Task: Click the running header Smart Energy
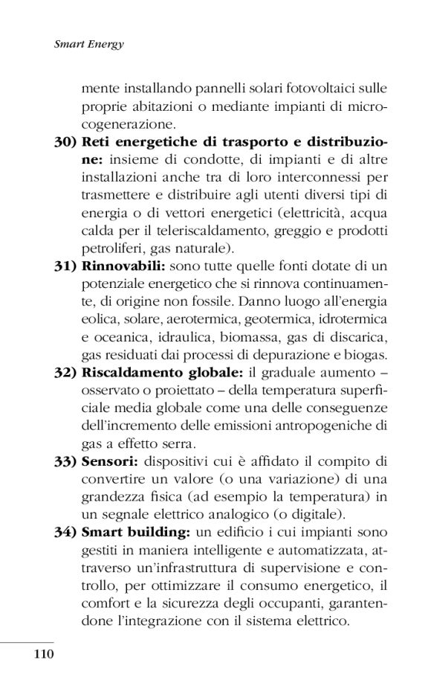point(88,44)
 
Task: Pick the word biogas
point(369,356)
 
